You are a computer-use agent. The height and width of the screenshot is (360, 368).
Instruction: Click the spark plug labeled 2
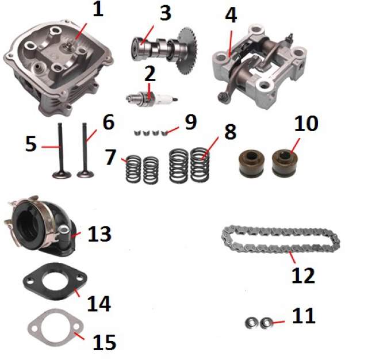[x=152, y=98]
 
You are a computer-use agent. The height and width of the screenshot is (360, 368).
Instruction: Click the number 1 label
[x=98, y=9]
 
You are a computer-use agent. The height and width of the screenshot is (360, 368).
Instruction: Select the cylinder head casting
[x=58, y=68]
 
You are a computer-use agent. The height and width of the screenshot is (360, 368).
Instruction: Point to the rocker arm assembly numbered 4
[x=259, y=66]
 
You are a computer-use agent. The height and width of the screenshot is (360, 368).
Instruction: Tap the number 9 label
[x=190, y=122]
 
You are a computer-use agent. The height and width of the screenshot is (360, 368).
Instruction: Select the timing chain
[x=281, y=239]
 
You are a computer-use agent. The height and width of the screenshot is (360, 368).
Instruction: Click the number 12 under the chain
[x=303, y=275]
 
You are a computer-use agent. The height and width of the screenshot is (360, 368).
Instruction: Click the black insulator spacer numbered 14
[x=55, y=281]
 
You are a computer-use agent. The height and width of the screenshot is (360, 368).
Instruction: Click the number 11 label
[x=304, y=316]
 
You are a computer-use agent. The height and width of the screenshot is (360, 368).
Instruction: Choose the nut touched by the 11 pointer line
[x=266, y=323]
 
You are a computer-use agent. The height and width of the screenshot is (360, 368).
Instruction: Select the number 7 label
[x=111, y=157]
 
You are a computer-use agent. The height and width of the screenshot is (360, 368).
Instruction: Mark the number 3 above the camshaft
[x=166, y=13]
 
